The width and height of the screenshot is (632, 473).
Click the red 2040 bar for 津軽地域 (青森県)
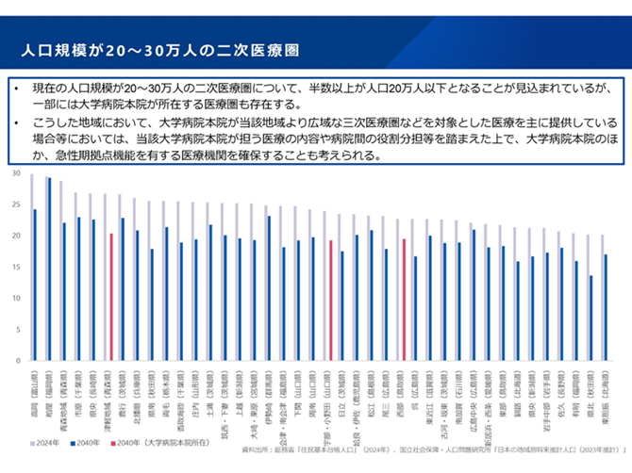click(x=111, y=298)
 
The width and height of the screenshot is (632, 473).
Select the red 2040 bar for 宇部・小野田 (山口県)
click(x=331, y=302)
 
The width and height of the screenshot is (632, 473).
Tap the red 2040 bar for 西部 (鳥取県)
click(x=404, y=301)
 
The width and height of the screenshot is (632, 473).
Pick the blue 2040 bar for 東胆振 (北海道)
click(x=606, y=308)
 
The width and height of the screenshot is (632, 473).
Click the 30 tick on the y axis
click(x=16, y=175)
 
